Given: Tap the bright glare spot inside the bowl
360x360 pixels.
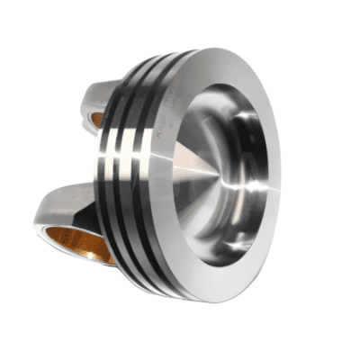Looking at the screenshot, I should pyautogui.click(x=255, y=186).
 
